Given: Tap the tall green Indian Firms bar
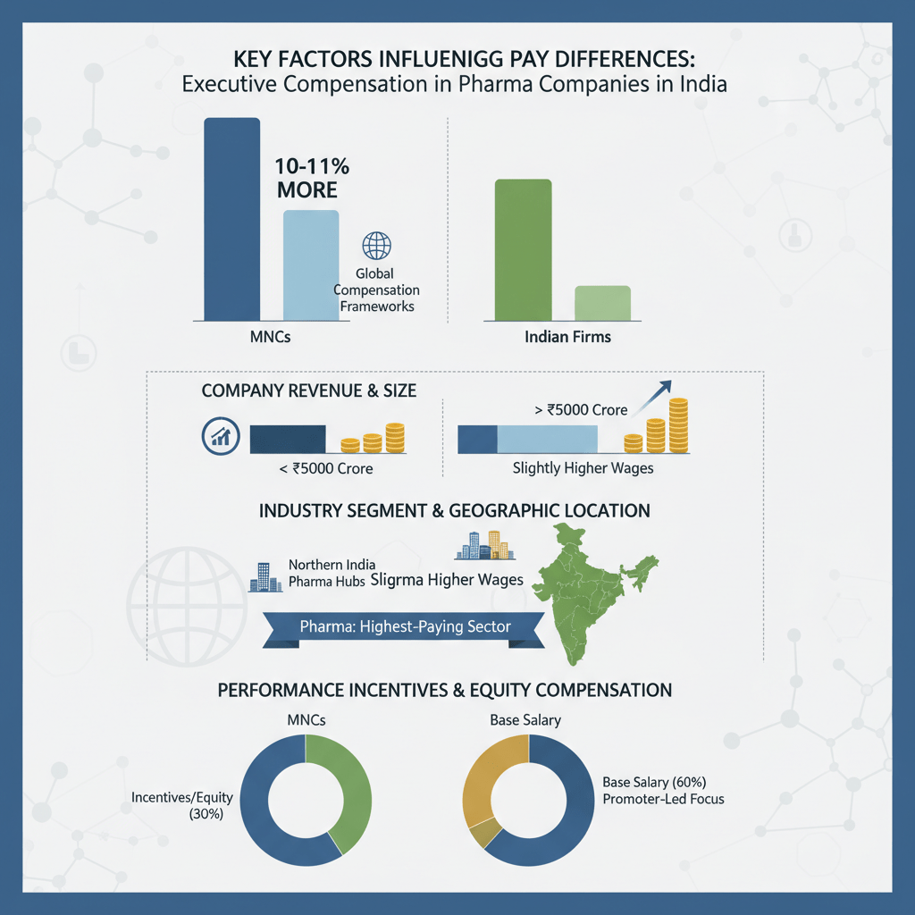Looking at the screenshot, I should click(523, 249).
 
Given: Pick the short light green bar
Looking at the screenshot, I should click(601, 303).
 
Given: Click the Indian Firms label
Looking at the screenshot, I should click(567, 339).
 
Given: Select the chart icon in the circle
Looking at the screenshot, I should click(219, 436).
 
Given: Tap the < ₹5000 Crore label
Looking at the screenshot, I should click(325, 467).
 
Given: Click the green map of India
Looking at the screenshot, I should click(590, 590).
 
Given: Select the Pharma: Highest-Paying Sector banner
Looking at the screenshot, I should click(404, 626).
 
